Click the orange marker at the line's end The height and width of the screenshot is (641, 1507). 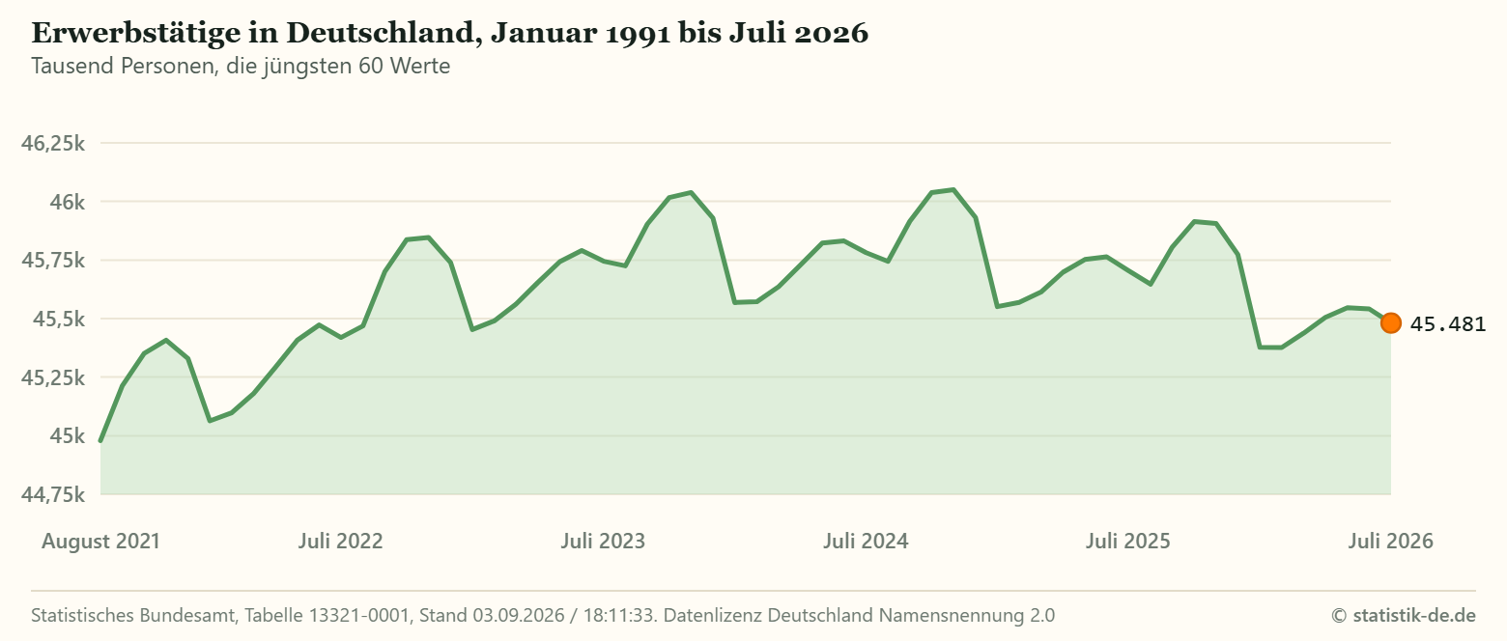pyautogui.click(x=1391, y=323)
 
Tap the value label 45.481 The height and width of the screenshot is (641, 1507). pyautogui.click(x=1448, y=324)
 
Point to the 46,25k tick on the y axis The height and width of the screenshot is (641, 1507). pyautogui.click(x=53, y=143)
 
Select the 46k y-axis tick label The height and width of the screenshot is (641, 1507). pyautogui.click(x=68, y=202)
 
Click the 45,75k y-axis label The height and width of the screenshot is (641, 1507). pyautogui.click(x=53, y=261)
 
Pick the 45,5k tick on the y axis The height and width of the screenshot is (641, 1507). pyautogui.click(x=59, y=319)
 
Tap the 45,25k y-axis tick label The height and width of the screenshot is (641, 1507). pyautogui.click(x=53, y=377)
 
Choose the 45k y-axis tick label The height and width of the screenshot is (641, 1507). pyautogui.click(x=68, y=435)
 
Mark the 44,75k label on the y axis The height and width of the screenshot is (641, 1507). pyautogui.click(x=53, y=494)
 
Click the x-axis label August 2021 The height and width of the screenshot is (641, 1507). pyautogui.click(x=100, y=542)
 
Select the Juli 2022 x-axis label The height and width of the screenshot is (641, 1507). pyautogui.click(x=340, y=541)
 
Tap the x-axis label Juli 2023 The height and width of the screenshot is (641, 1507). pyautogui.click(x=603, y=541)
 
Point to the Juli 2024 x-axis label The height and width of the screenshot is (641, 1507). pyautogui.click(x=866, y=541)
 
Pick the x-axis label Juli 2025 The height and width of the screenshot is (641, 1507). pyautogui.click(x=1128, y=541)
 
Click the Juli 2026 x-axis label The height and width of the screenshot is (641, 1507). pyautogui.click(x=1391, y=541)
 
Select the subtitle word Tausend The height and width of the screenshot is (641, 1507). pyautogui.click(x=73, y=66)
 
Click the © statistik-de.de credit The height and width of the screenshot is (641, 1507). pyautogui.click(x=1404, y=615)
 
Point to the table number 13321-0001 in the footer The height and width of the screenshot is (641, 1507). pyautogui.click(x=359, y=615)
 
